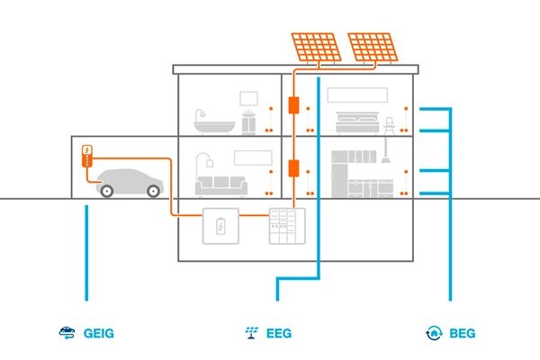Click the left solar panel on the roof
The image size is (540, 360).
[314, 50]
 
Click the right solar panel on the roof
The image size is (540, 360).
[375, 50]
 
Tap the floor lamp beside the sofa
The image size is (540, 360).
[202, 171]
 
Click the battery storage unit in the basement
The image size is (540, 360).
[219, 226]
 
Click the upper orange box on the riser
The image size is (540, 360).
[292, 103]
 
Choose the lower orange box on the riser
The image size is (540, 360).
[292, 167]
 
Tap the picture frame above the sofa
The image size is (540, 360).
[252, 157]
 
